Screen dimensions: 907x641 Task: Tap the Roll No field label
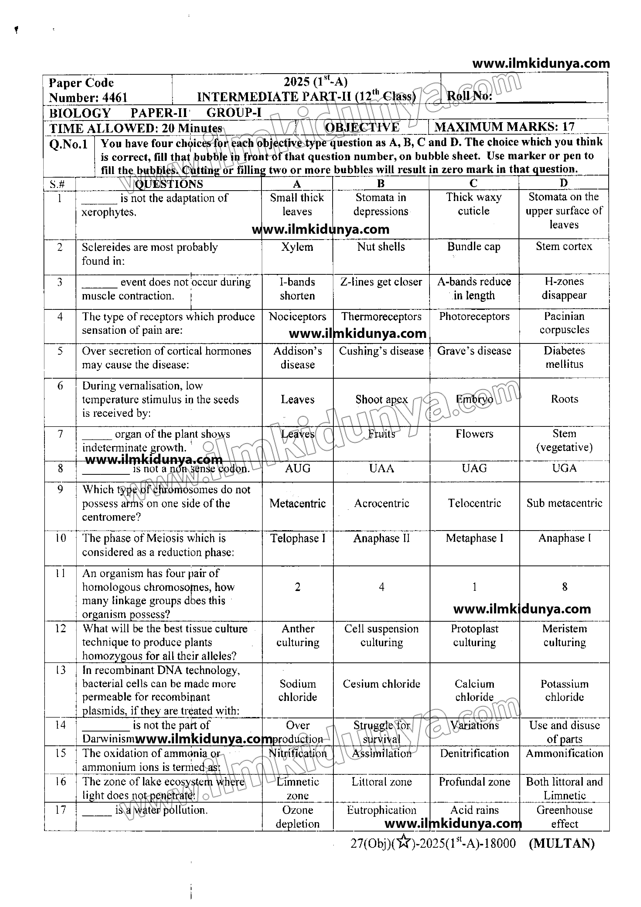[469, 96]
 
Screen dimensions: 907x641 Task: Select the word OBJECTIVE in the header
[362, 127]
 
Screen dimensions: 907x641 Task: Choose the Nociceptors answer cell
[297, 317]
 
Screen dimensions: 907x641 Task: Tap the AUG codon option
[297, 469]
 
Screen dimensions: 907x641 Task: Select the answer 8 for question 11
[564, 587]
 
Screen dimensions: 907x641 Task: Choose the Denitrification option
[474, 753]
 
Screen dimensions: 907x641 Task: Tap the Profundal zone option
[474, 781]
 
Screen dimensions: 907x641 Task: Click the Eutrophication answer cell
[381, 810]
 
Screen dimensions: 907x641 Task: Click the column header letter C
[473, 183]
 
